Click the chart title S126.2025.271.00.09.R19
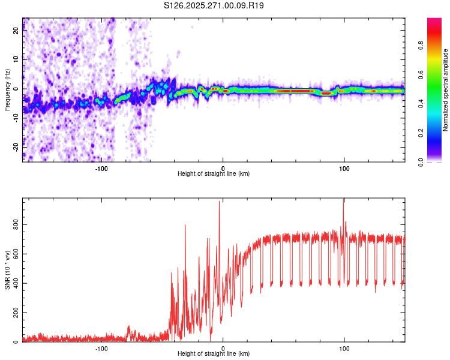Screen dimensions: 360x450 (214, 5)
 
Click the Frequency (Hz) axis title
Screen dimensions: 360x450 (7, 90)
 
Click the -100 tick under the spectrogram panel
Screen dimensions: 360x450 (101, 168)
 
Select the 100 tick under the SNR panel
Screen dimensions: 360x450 (344, 348)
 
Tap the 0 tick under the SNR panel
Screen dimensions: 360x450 (223, 348)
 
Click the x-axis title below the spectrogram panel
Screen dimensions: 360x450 (214, 174)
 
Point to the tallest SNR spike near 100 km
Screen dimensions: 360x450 (344, 200)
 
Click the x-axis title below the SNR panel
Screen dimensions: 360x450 (214, 354)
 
